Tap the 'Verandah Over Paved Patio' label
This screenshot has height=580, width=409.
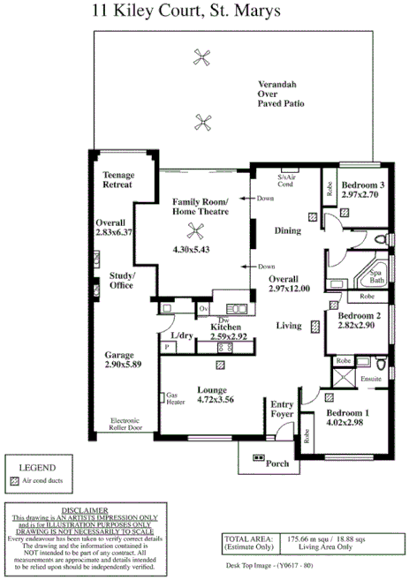click(281, 91)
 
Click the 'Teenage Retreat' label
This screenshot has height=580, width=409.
click(117, 180)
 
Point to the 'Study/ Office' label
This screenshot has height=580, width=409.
click(121, 281)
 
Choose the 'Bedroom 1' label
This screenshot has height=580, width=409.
click(347, 413)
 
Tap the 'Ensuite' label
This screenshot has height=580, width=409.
click(371, 379)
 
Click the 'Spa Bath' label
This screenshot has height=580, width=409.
click(376, 276)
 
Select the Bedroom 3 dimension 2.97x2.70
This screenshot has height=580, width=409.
click(360, 194)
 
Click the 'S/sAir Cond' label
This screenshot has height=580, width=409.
click(285, 181)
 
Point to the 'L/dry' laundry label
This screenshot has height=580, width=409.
click(181, 336)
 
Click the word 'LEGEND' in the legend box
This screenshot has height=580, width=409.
click(38, 467)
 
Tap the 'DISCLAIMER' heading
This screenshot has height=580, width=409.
click(86, 510)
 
